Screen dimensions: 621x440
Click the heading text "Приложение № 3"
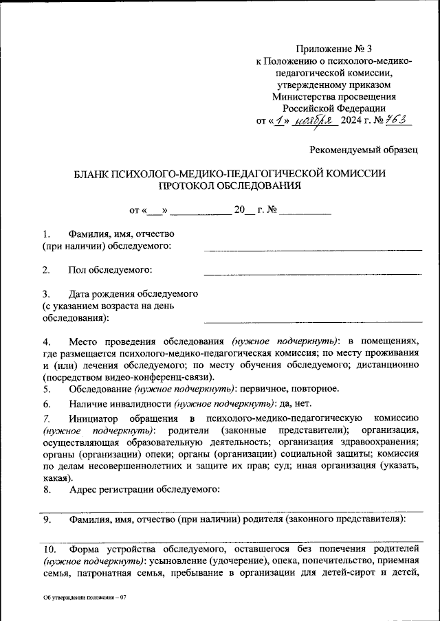pyautogui.click(x=333, y=49)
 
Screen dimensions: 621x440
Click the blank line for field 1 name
pyautogui.click(x=313, y=249)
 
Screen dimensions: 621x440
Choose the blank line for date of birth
pyautogui.click(x=313, y=321)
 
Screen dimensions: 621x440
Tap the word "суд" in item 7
pyautogui.click(x=287, y=467)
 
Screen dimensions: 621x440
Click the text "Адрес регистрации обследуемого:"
pyautogui.click(x=144, y=490)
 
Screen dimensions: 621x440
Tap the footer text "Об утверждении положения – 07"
pyautogui.click(x=85, y=598)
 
